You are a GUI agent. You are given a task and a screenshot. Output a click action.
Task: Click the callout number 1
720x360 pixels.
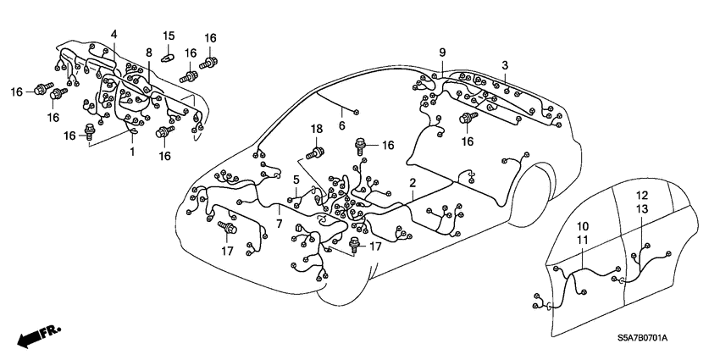131,151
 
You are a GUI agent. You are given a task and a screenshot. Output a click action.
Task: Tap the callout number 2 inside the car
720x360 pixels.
412,182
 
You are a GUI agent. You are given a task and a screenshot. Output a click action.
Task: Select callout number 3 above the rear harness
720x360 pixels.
505,65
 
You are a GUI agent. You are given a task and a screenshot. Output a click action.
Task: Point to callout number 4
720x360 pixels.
113,34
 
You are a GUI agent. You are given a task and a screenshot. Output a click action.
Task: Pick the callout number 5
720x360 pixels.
296,179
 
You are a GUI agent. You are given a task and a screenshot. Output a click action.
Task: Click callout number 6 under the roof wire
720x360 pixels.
341,125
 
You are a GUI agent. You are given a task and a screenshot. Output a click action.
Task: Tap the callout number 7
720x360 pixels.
279,223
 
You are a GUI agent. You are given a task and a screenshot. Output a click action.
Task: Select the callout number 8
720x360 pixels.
148,53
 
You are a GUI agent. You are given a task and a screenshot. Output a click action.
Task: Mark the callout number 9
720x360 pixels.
441,53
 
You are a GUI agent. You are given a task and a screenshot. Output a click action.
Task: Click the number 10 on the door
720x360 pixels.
583,228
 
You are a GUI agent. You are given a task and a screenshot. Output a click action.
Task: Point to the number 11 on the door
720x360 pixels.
583,241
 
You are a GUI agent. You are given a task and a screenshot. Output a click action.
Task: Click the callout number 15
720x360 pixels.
169,35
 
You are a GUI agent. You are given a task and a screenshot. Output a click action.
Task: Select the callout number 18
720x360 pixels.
317,128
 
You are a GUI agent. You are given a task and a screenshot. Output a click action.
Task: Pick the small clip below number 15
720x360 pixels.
169,58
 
